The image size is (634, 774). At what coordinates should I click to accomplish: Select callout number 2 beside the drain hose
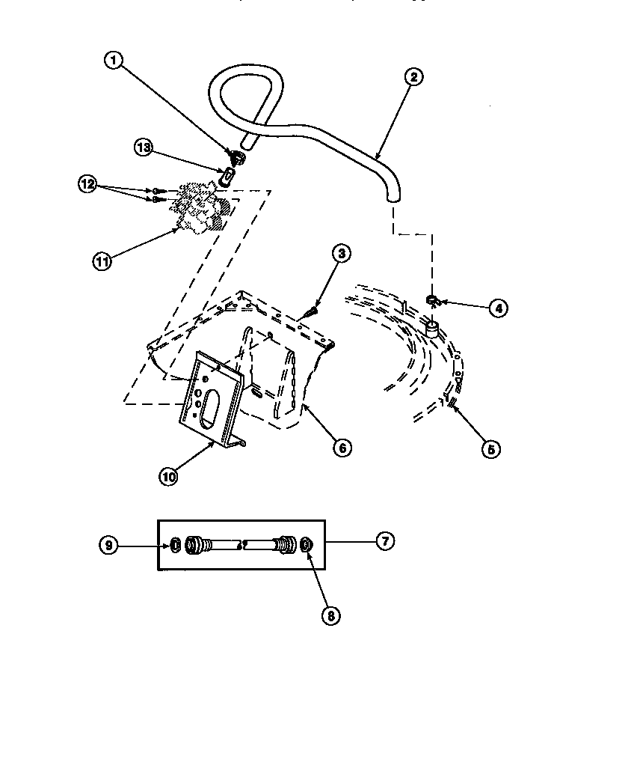[413, 76]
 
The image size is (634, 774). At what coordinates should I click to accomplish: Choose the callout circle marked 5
[490, 448]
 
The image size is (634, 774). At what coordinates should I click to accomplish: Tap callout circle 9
[109, 546]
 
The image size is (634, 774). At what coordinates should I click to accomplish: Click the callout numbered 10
[168, 475]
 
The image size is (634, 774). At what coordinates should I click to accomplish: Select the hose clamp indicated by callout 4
[434, 301]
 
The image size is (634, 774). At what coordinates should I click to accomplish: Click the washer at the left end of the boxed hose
[174, 546]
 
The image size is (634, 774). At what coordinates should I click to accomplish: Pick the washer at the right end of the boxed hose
[307, 546]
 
